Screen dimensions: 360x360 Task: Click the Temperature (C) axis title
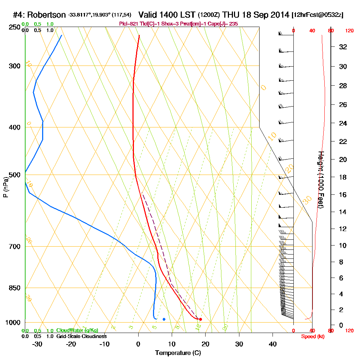click(x=178, y=353)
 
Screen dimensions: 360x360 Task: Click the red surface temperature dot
click(x=201, y=319)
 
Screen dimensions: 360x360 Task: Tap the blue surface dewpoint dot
click(x=164, y=319)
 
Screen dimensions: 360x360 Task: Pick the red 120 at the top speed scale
click(x=349, y=31)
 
